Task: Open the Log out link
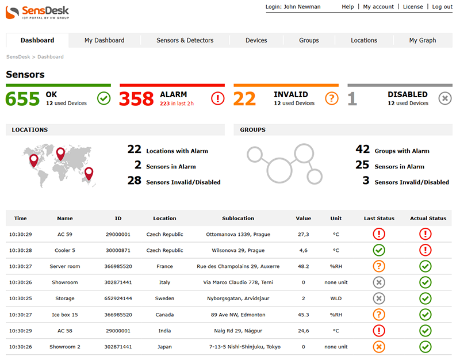point(442,7)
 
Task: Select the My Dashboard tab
point(104,40)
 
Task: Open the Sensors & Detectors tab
point(185,40)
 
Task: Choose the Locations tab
point(364,40)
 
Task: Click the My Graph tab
point(423,40)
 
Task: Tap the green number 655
point(23,98)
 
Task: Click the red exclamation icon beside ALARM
point(218,98)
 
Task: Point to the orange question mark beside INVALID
point(332,98)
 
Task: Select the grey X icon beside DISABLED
point(445,98)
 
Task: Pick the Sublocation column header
point(238,219)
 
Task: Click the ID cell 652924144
point(118,298)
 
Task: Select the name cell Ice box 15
point(65,315)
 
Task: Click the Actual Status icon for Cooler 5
point(425,250)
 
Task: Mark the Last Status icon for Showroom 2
point(379,347)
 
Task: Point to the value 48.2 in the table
point(303,266)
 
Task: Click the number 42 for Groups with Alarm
point(362,150)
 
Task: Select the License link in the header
point(413,7)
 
